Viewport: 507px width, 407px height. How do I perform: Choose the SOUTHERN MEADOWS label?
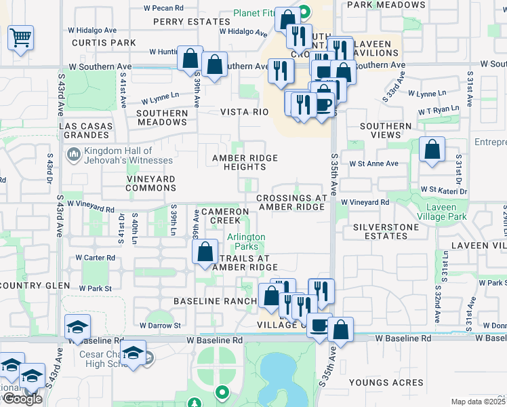[x=162, y=117]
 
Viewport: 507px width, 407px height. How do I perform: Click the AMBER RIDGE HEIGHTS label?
[x=245, y=162]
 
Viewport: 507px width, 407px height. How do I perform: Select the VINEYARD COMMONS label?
[x=141, y=183]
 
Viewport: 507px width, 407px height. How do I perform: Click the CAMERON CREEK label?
[x=220, y=216]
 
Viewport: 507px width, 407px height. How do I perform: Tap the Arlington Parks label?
[x=245, y=241]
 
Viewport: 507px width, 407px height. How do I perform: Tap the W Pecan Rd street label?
[x=163, y=8]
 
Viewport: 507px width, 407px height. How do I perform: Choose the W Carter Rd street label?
[x=96, y=258]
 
